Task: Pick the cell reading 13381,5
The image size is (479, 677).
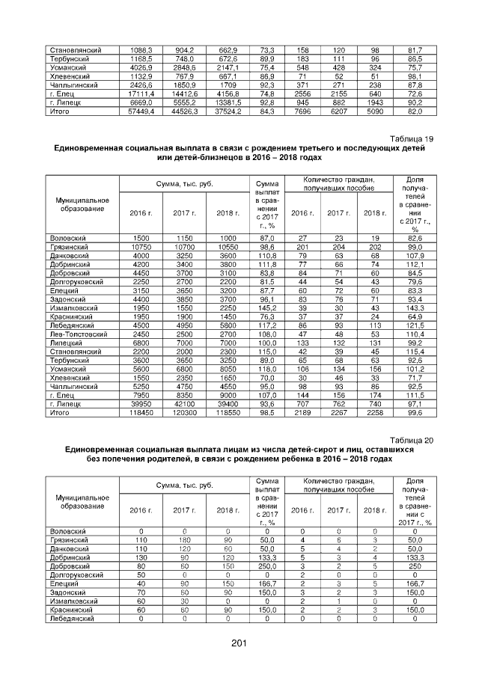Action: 228,102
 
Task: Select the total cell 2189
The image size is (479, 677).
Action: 302,412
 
